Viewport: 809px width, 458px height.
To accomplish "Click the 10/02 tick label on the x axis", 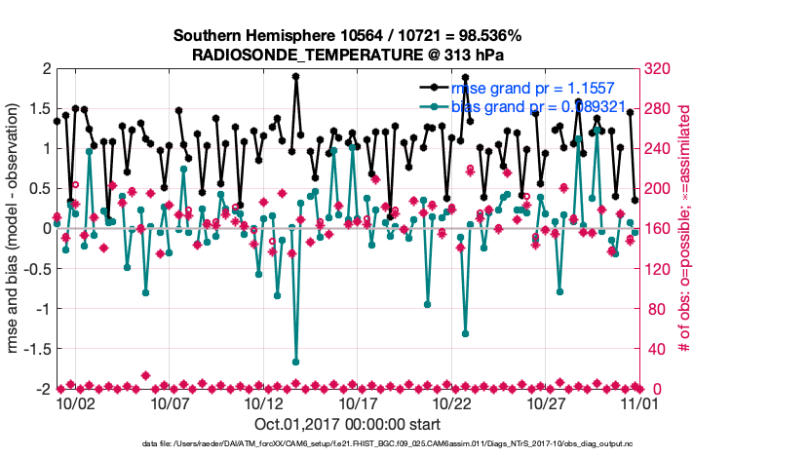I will coord(75,402).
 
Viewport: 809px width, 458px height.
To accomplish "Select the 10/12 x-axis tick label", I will coord(264,402).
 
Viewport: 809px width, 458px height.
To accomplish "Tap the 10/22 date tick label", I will coord(453,402).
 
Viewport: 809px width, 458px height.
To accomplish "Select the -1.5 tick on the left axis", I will coord(36,349).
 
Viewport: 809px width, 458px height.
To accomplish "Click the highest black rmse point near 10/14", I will coord(295,76).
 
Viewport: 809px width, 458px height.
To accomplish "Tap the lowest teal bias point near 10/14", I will coord(295,363).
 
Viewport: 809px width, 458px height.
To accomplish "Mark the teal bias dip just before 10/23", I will coord(466,333).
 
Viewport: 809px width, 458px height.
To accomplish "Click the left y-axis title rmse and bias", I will coord(17,229).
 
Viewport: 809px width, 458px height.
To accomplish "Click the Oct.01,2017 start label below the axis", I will coord(347,424).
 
